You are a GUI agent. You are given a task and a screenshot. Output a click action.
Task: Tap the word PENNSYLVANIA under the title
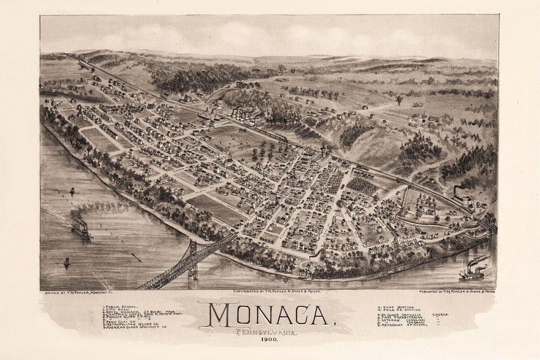[x=266, y=332]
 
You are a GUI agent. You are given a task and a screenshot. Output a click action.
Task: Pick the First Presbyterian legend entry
[x=403, y=317]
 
